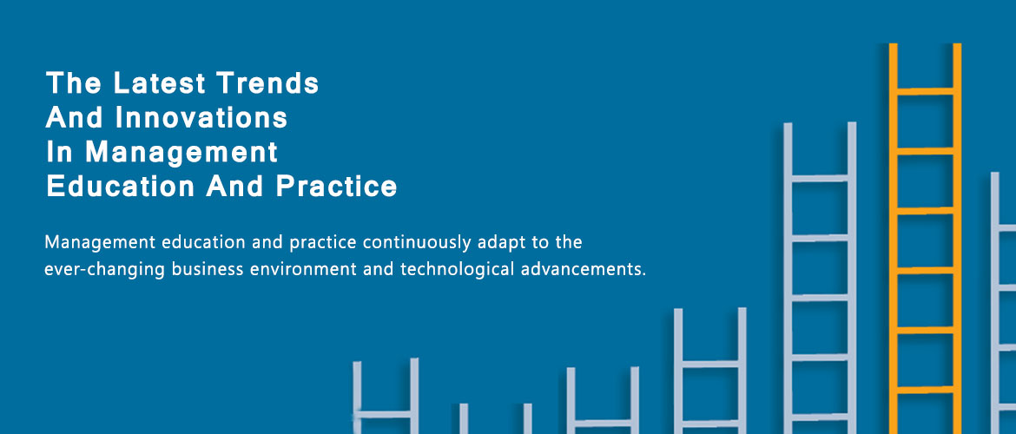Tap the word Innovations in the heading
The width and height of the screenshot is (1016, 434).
pyautogui.click(x=201, y=118)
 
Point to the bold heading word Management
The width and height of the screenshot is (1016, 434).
pyautogui.click(x=182, y=153)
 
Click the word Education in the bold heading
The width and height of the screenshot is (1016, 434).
pyautogui.click(x=121, y=187)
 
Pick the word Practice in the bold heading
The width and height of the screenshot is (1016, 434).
pyautogui.click(x=336, y=187)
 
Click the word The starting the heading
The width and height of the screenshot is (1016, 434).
pyautogui.click(x=73, y=83)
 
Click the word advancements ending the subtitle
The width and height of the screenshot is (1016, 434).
pyautogui.click(x=584, y=269)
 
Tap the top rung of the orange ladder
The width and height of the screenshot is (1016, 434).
pyautogui.click(x=925, y=91)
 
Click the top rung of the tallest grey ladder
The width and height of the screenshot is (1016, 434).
pyautogui.click(x=820, y=178)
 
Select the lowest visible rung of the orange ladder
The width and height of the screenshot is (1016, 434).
pyautogui.click(x=925, y=390)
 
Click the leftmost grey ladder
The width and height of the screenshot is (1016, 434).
pyautogui.click(x=386, y=397)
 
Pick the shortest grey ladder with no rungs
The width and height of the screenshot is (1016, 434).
pyautogui.click(x=496, y=418)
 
